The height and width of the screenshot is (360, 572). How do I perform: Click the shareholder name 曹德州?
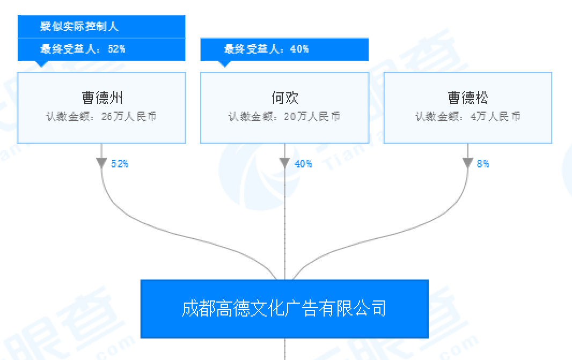pos(102,98)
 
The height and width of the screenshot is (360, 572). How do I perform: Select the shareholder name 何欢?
pos(284,98)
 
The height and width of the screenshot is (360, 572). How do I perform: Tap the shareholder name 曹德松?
pos(468,98)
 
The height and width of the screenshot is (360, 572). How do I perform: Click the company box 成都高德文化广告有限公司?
pos(284,308)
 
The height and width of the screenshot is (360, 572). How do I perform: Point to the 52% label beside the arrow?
pos(120,164)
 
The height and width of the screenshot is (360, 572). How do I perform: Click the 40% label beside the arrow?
pos(303,164)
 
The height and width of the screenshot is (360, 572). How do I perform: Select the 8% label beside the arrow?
pos(483,164)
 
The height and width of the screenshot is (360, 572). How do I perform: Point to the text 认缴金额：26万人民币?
pos(101,116)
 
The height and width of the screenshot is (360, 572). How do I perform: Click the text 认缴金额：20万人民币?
pos(284,116)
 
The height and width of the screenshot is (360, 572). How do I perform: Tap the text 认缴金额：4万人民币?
pos(468,116)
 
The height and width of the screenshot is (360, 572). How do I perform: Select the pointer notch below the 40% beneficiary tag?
pos(225,64)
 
